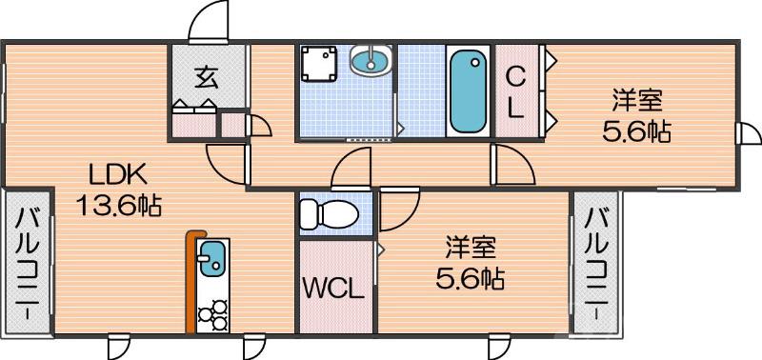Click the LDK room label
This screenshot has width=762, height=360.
117,174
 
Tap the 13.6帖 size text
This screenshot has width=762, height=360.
119,203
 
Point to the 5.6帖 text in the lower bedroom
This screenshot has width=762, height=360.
471,279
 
